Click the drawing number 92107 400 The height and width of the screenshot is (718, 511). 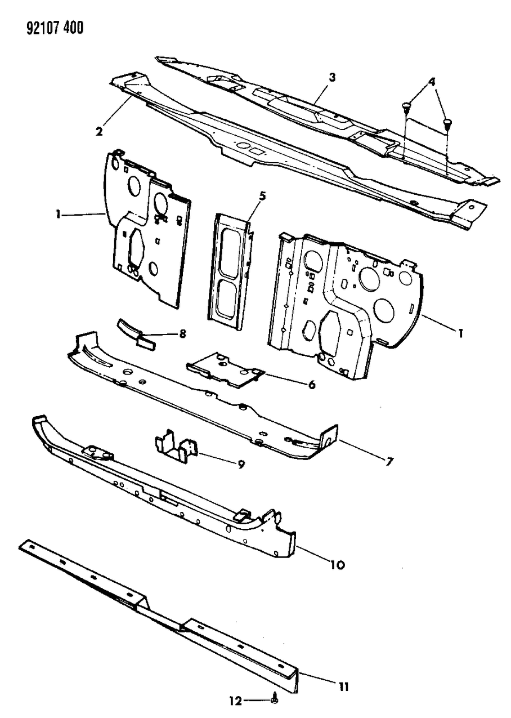(x=55, y=28)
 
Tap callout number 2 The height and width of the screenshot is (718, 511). (x=99, y=131)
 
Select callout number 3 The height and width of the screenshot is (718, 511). (x=332, y=77)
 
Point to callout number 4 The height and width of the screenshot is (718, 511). (x=432, y=82)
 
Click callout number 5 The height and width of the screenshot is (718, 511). (x=262, y=196)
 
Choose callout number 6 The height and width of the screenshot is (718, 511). (x=312, y=384)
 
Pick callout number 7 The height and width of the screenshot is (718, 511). (x=389, y=462)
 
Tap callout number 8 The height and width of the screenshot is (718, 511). (x=182, y=334)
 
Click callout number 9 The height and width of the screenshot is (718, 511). (x=241, y=463)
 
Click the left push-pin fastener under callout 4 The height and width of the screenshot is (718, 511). (x=406, y=107)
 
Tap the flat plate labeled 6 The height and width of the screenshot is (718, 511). (x=226, y=369)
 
